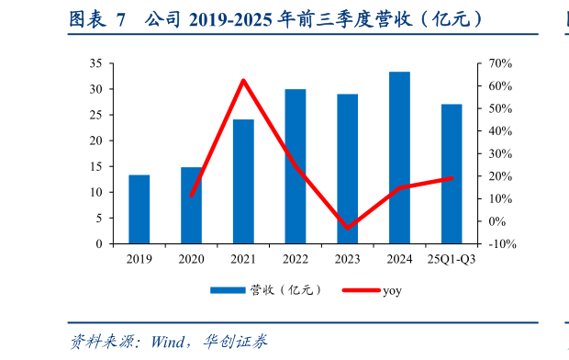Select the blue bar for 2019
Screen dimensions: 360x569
pyautogui.click(x=139, y=209)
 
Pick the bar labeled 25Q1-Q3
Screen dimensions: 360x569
pyautogui.click(x=452, y=174)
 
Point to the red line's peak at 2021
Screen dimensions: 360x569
pyautogui.click(x=243, y=81)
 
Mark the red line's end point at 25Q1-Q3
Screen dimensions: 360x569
pyautogui.click(x=452, y=178)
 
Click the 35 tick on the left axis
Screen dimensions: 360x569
pyautogui.click(x=95, y=63)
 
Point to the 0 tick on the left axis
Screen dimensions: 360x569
pyautogui.click(x=98, y=244)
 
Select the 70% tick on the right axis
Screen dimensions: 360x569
pyautogui.click(x=498, y=63)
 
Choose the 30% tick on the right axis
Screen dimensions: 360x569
pyautogui.click(x=498, y=154)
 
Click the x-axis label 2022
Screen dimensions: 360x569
pyautogui.click(x=296, y=260)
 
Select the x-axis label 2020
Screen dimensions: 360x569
pyautogui.click(x=191, y=260)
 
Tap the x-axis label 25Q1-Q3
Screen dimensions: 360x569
pyautogui.click(x=452, y=260)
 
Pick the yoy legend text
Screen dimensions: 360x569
pyautogui.click(x=392, y=290)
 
